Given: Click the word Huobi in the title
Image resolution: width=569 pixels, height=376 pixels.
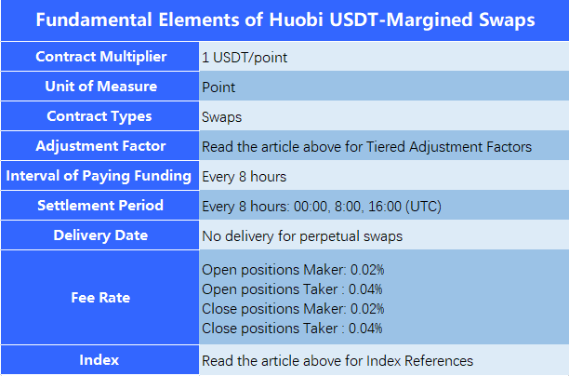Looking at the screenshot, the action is tap(296, 20).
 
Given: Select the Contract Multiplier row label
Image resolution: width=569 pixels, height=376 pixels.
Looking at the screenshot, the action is tap(101, 57).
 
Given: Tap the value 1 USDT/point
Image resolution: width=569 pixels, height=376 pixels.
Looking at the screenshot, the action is tap(245, 58).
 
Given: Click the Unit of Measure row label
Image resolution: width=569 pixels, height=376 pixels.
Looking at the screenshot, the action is tap(101, 87).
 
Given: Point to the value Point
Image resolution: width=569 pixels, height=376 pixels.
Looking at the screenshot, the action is tap(218, 87).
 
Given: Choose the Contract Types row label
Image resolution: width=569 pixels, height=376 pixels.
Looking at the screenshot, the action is tap(99, 116).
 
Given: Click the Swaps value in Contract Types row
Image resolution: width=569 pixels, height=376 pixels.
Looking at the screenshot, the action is tap(221, 117).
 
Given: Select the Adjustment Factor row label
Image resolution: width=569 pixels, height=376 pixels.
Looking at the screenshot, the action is tap(100, 146).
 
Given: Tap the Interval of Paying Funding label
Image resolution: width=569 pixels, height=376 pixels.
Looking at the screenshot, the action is tap(99, 176).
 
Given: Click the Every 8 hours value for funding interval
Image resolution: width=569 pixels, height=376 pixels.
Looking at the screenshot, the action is tap(245, 177).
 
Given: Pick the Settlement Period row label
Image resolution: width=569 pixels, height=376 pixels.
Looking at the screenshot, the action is tap(100, 206).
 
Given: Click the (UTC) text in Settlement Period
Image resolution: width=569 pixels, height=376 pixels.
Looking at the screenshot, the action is tap(423, 207).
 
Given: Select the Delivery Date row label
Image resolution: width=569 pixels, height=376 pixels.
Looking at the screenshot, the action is tap(100, 235).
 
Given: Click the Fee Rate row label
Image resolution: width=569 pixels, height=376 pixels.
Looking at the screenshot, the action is tap(100, 298).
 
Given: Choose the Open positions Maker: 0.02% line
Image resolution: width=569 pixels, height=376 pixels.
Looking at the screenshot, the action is tap(293, 270).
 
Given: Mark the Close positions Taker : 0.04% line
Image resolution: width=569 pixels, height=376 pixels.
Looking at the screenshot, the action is tap(292, 329).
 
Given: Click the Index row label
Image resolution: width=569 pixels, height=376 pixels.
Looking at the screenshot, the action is tap(99, 360).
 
